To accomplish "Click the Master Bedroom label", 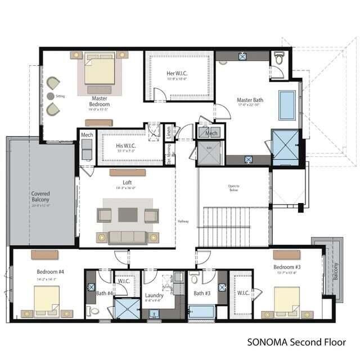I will (100, 101).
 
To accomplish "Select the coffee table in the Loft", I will (127, 214).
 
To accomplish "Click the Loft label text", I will (127, 183).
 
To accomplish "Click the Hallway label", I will (183, 221).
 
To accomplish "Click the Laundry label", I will (154, 295).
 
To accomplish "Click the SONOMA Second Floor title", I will (296, 341).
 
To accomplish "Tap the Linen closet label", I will (168, 132).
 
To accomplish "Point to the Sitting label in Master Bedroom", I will (60, 96).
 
